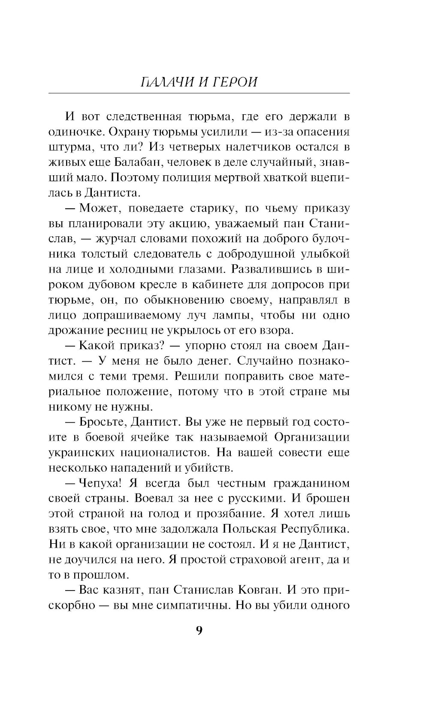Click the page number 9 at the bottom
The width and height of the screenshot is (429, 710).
199,630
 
